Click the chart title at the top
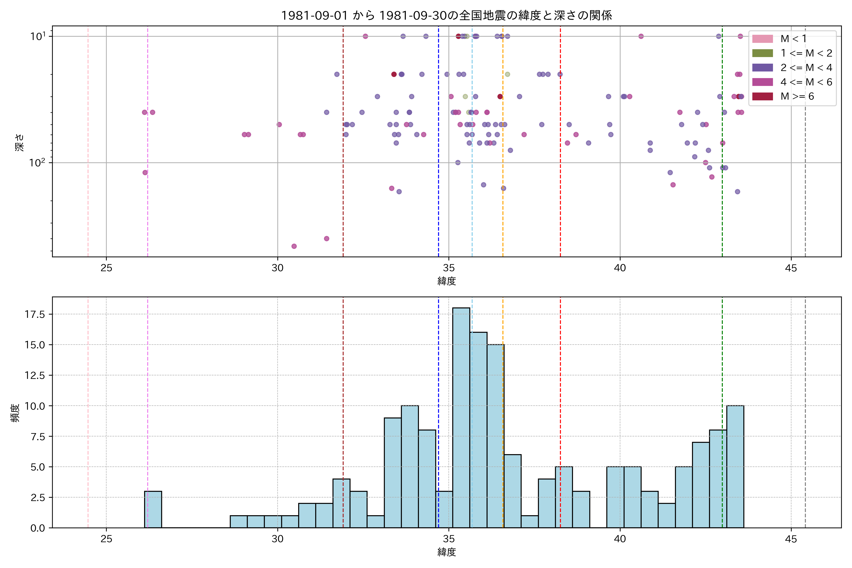446,16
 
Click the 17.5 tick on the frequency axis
35,315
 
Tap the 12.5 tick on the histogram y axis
35,375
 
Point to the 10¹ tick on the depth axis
38,36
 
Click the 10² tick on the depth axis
38,163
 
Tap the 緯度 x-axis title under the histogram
446,552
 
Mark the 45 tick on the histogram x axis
791,539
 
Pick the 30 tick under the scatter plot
277,268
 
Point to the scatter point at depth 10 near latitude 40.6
641,36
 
